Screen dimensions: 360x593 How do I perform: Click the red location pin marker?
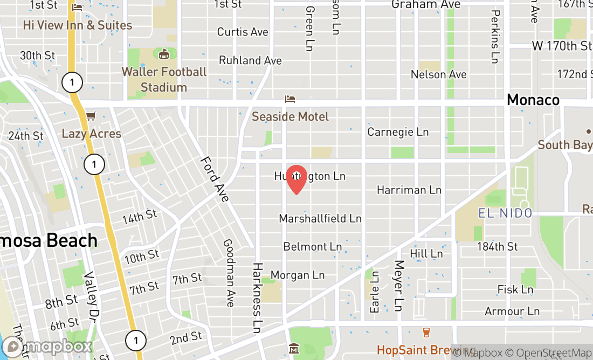click(296, 179)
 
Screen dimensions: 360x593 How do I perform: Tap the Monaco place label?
click(533, 100)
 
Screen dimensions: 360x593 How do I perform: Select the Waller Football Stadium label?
click(164, 79)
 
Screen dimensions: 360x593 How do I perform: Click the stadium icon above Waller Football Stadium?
click(164, 54)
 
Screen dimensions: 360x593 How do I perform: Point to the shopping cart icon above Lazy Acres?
click(91, 116)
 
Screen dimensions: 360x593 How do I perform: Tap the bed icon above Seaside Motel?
click(290, 99)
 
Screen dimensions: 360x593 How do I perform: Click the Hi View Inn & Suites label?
click(78, 25)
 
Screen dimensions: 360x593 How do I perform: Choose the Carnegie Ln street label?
click(398, 132)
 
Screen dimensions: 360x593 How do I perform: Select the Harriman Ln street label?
click(409, 190)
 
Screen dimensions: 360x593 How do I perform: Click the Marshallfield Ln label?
click(320, 218)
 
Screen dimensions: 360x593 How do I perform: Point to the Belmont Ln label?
click(313, 247)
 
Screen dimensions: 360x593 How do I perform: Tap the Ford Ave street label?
click(215, 179)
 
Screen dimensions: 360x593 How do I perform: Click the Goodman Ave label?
click(229, 273)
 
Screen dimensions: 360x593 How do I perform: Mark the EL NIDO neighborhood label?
click(505, 213)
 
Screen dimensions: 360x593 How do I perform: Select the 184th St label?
click(497, 246)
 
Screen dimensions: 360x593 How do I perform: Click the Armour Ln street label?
click(512, 311)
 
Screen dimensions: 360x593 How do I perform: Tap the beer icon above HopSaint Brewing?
click(426, 333)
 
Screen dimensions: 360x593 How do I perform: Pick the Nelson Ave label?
click(438, 74)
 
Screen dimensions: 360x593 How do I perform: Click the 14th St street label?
click(139, 217)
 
